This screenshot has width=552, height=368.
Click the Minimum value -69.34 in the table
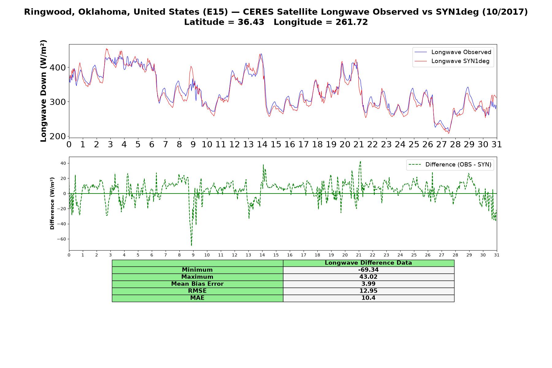(368, 270)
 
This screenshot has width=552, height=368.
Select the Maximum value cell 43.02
(368, 277)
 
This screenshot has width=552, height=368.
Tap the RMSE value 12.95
(368, 291)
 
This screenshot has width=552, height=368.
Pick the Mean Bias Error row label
(197, 284)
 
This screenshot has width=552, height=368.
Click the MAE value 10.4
(368, 298)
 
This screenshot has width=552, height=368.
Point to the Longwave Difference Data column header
(368, 263)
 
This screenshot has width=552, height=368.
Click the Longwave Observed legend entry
(453, 52)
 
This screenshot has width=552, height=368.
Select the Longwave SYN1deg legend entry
(452, 61)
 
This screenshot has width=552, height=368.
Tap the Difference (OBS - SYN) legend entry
(450, 165)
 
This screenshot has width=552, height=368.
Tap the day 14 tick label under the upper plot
(262, 144)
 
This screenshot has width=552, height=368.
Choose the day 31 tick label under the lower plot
(497, 255)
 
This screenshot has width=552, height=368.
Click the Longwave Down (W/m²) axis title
(44, 91)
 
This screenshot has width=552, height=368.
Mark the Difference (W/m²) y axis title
(52, 203)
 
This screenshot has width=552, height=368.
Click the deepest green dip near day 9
(191, 245)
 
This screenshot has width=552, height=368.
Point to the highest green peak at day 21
(360, 162)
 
